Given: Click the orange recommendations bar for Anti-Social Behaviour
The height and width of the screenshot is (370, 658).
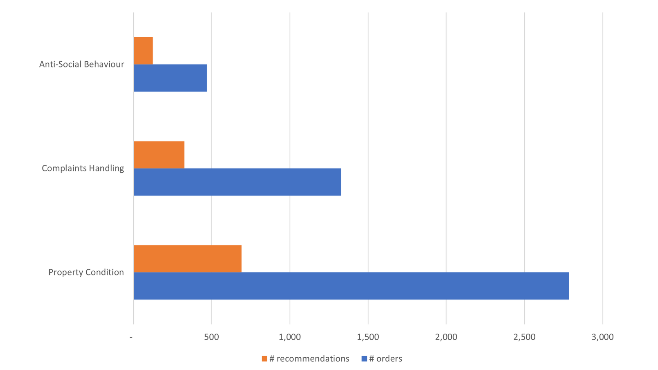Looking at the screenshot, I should pyautogui.click(x=143, y=51).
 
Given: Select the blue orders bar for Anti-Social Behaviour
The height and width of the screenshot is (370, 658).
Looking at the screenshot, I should pyautogui.click(x=170, y=78).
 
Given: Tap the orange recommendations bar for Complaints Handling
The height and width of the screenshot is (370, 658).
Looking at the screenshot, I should pyautogui.click(x=159, y=155).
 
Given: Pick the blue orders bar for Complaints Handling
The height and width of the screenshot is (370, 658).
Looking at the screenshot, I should pyautogui.click(x=237, y=182).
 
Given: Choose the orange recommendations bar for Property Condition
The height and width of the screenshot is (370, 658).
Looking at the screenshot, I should pyautogui.click(x=187, y=259).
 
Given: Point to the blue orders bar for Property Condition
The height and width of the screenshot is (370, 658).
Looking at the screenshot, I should pyautogui.click(x=351, y=286).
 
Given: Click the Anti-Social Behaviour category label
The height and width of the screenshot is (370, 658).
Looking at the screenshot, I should pyautogui.click(x=82, y=64).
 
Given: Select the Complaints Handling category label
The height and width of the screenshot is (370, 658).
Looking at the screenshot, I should pyautogui.click(x=83, y=168).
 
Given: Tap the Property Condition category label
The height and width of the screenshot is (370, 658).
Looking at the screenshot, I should pyautogui.click(x=86, y=272).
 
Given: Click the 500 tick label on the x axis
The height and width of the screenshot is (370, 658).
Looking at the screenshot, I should pyautogui.click(x=211, y=337).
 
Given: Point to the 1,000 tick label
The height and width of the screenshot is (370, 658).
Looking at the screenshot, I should pyautogui.click(x=290, y=337).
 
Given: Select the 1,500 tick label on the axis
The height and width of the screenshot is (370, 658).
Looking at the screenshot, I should pyautogui.click(x=368, y=337).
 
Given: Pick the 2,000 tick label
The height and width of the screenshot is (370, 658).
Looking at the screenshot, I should pyautogui.click(x=446, y=337).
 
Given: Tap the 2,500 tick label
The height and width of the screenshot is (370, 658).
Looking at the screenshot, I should pyautogui.click(x=524, y=337).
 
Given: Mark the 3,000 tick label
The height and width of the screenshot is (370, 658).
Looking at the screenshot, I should pyautogui.click(x=602, y=337).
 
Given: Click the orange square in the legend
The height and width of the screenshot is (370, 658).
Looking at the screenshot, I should pyautogui.click(x=264, y=359).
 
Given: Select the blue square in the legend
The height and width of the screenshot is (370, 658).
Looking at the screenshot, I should pyautogui.click(x=364, y=359).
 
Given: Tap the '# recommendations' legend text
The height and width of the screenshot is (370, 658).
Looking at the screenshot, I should pyautogui.click(x=309, y=359).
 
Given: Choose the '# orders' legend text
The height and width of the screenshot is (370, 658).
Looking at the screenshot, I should pyautogui.click(x=386, y=359).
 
